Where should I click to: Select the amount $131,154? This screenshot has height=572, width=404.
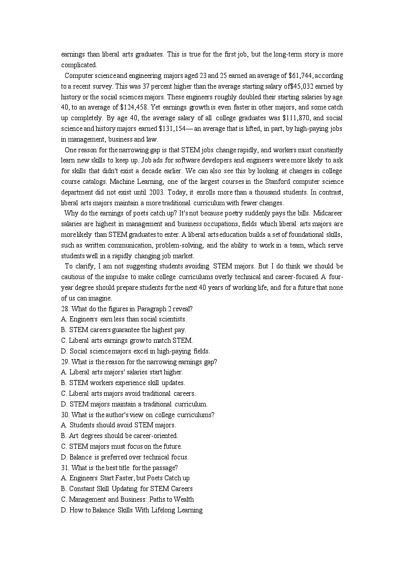point(176,129)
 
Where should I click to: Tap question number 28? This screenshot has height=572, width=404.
point(65,309)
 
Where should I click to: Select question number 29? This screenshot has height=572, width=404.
point(65,362)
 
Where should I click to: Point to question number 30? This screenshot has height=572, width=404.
point(65,415)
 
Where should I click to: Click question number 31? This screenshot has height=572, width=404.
point(65,468)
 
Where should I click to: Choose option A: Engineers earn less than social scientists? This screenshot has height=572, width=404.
point(124,319)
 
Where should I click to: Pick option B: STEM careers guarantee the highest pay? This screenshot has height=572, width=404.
point(124,330)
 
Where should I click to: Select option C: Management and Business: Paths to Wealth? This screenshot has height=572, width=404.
point(127,499)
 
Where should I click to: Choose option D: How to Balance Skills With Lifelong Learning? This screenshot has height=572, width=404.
point(132,510)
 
